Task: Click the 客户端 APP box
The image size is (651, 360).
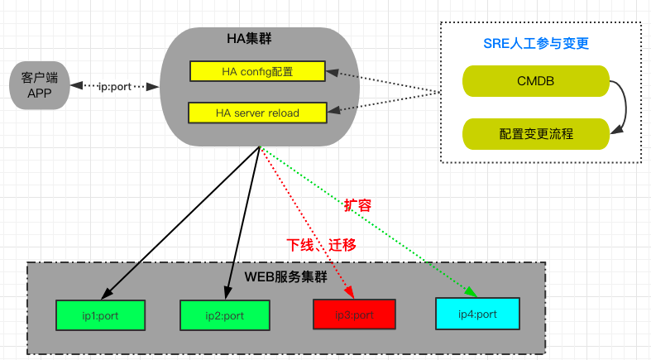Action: (x=39, y=85)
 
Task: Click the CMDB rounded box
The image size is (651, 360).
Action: (x=535, y=81)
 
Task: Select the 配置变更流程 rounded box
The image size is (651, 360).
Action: (x=535, y=132)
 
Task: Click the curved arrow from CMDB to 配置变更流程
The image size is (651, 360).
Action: (x=623, y=106)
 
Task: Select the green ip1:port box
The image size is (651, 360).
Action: (x=101, y=315)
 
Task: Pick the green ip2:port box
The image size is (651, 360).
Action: (x=223, y=315)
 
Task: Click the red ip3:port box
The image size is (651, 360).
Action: (x=354, y=314)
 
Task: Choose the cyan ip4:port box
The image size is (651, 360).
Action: (x=476, y=314)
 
